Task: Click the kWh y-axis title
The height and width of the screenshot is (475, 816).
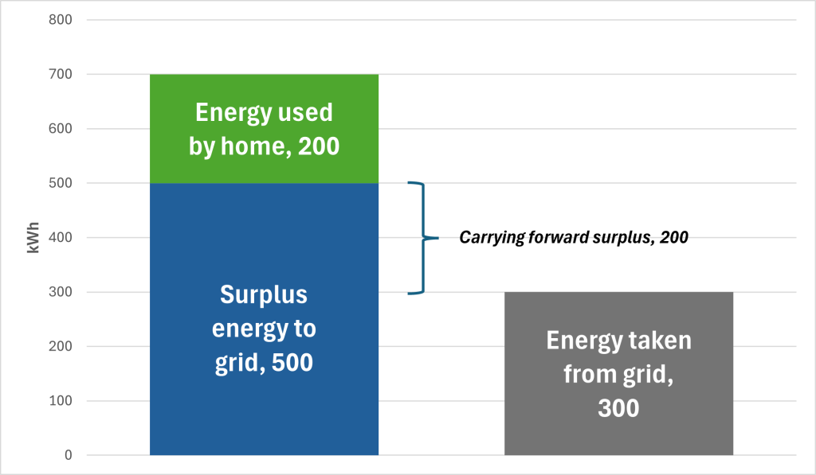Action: (x=34, y=238)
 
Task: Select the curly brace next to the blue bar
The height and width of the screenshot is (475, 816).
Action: (x=423, y=238)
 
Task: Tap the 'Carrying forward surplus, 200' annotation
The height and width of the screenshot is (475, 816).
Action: (x=573, y=237)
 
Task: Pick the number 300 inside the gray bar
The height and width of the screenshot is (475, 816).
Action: (x=618, y=408)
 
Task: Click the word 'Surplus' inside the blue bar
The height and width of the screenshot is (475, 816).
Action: (x=264, y=294)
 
